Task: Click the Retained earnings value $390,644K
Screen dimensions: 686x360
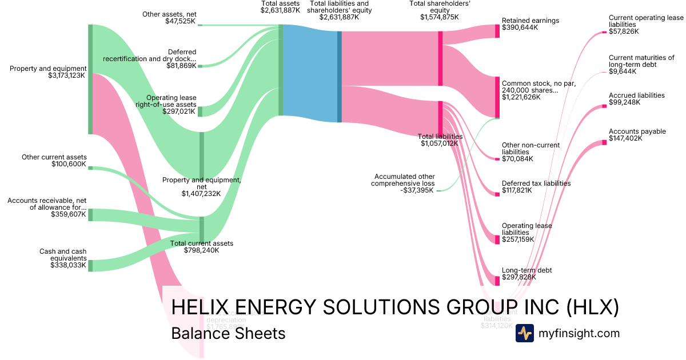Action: pos(520,27)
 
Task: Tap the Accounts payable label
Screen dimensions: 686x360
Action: pos(637,131)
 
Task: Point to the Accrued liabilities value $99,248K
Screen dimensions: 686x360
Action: pos(624,102)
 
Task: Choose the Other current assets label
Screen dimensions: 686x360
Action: pos(54,157)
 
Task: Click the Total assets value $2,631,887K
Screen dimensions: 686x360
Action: pos(280,10)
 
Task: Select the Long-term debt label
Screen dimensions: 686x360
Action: pos(527,270)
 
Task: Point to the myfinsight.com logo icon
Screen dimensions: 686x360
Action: pos(524,333)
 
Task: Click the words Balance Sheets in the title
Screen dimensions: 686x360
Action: pos(228,333)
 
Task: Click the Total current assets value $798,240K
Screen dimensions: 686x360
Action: pos(201,250)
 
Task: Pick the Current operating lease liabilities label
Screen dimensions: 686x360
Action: pos(645,21)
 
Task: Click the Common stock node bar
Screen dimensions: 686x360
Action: pos(497,97)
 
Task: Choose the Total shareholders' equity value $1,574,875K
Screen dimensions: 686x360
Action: pos(439,17)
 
